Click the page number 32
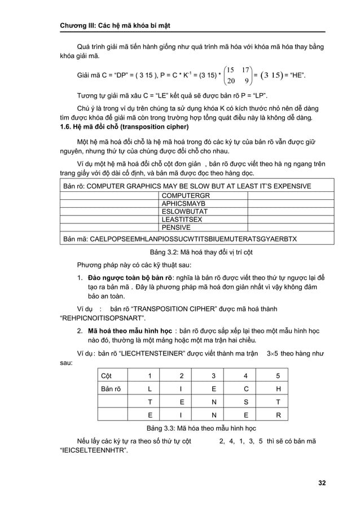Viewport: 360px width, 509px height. [322, 482]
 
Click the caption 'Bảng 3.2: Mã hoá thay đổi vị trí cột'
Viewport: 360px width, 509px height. [192, 252]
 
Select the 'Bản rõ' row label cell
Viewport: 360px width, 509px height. [111, 389]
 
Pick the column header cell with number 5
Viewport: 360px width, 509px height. [278, 376]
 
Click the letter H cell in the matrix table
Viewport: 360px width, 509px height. [278, 389]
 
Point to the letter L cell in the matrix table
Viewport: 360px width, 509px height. [150, 389]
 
